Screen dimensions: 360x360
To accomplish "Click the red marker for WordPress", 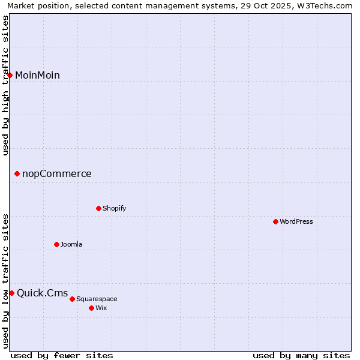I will pyautogui.click(x=275, y=221).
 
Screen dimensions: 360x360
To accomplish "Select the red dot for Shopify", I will pyautogui.click(x=98, y=208).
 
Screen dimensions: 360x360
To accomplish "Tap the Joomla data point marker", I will pyautogui.click(x=56, y=244).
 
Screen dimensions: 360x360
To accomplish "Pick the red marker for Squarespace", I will pyautogui.click(x=72, y=299).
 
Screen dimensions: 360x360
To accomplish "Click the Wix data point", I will pyautogui.click(x=91, y=308).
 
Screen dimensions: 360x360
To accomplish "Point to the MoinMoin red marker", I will pyautogui.click(x=10, y=75).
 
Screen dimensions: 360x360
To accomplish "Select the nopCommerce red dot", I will pyautogui.click(x=17, y=174).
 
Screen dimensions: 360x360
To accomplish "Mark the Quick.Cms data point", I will pyautogui.click(x=11, y=293).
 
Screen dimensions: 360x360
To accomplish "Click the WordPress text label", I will pyautogui.click(x=296, y=221).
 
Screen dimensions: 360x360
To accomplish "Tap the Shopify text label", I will pyautogui.click(x=114, y=208).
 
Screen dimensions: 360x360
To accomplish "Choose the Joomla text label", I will pyautogui.click(x=71, y=244).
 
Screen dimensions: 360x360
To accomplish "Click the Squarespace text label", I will pyautogui.click(x=97, y=299).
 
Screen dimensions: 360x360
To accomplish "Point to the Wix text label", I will pyautogui.click(x=101, y=308).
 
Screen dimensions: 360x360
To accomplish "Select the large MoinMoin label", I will pyautogui.click(x=37, y=75).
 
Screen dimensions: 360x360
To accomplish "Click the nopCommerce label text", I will pyautogui.click(x=57, y=174).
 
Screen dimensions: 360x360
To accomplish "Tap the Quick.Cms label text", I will pyautogui.click(x=42, y=293).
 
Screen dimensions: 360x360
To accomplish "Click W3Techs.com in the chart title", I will pyautogui.click(x=326, y=6).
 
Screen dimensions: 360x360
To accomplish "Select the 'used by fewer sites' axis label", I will pyautogui.click(x=62, y=355).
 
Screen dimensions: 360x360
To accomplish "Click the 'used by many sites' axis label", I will pyautogui.click(x=301, y=355).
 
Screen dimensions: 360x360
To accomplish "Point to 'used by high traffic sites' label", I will pyautogui.click(x=6, y=85).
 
